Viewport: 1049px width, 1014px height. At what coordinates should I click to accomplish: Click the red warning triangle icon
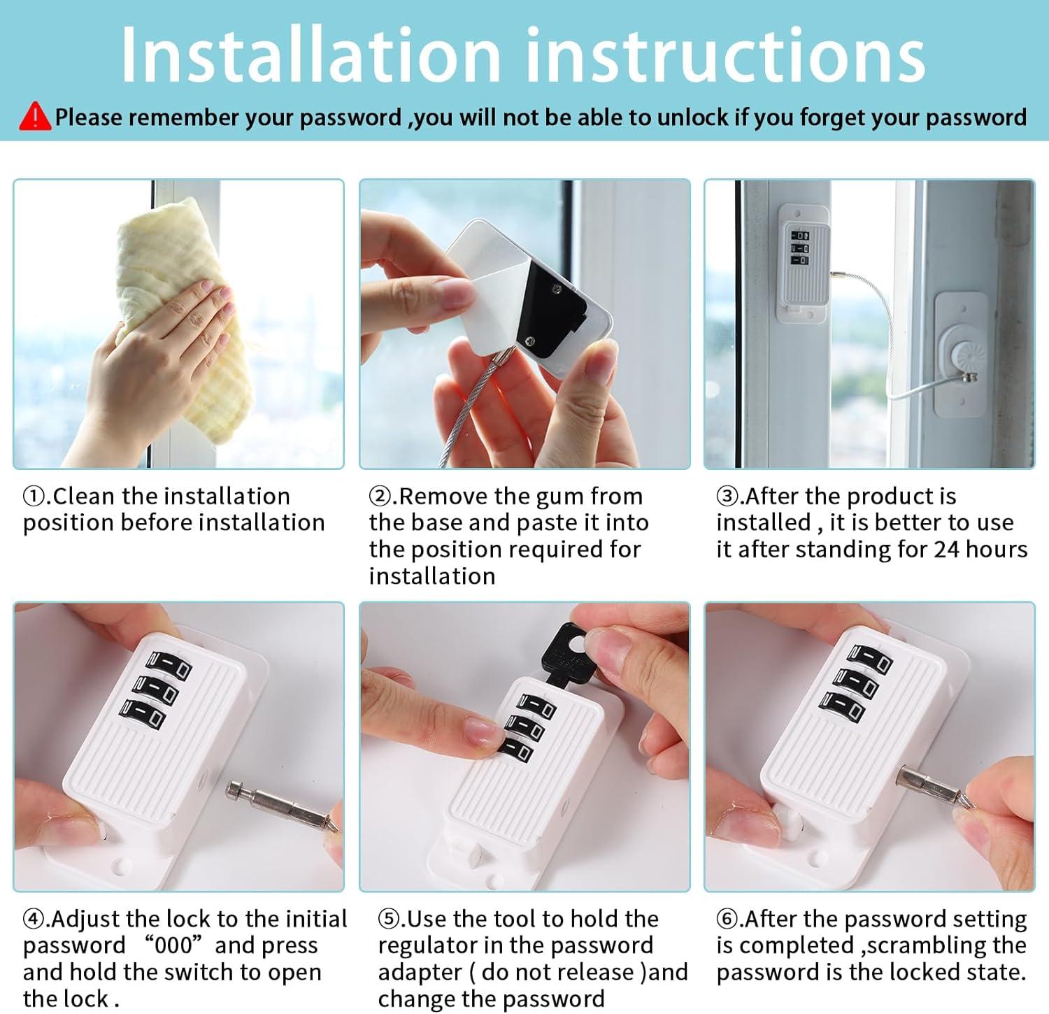pos(34,117)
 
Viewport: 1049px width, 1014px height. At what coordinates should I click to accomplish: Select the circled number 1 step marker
pos(33,497)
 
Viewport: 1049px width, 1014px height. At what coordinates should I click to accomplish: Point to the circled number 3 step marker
pos(727,497)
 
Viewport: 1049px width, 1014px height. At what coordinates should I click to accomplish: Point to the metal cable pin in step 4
pos(280,804)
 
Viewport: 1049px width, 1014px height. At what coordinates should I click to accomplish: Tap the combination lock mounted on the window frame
pos(802,262)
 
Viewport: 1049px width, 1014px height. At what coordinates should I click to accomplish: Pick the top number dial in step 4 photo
pos(168,664)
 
